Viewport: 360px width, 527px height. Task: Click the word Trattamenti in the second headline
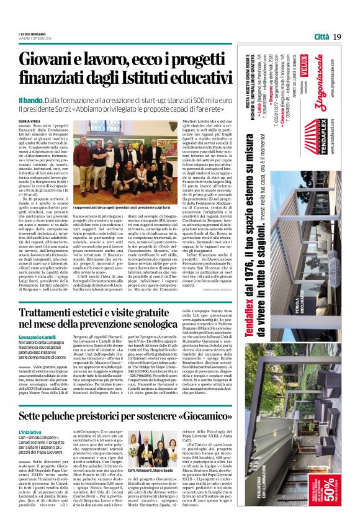(60, 306)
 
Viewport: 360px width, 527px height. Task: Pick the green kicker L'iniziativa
(30, 430)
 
